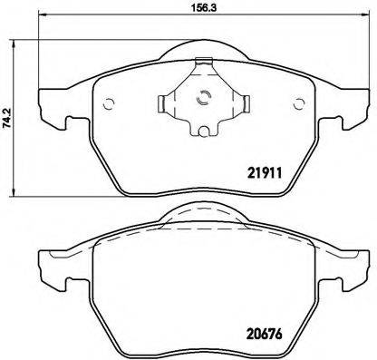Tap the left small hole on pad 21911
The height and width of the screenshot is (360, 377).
coord(106,100)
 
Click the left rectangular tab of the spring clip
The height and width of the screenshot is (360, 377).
coord(166,102)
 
